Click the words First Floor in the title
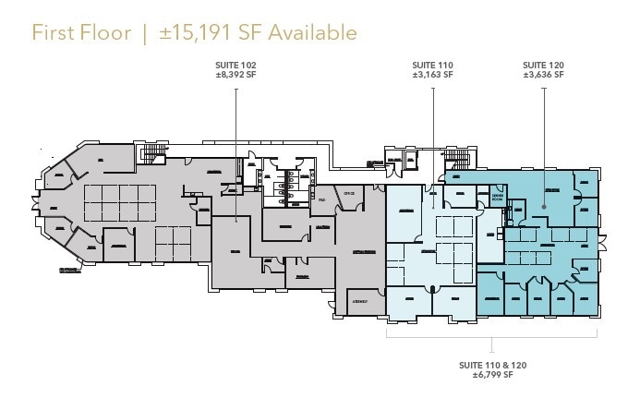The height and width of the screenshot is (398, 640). pyautogui.click(x=80, y=33)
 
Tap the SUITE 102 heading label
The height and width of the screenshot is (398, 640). pyautogui.click(x=235, y=65)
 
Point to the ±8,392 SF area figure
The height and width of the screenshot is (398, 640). pyautogui.click(x=235, y=75)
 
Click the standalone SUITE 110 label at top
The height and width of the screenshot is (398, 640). pyautogui.click(x=433, y=65)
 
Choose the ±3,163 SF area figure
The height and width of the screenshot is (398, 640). pyautogui.click(x=433, y=75)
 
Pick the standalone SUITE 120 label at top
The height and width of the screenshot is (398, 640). pyautogui.click(x=543, y=65)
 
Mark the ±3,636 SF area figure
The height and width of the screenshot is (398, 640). pyautogui.click(x=543, y=75)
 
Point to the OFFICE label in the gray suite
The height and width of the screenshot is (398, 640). pyautogui.click(x=348, y=193)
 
